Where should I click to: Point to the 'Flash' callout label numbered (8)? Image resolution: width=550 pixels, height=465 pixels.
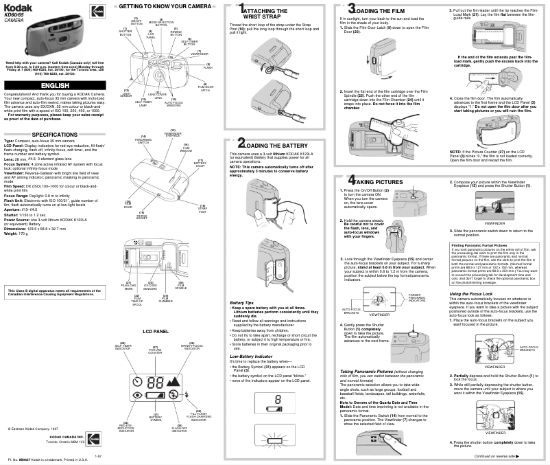tap(207, 66)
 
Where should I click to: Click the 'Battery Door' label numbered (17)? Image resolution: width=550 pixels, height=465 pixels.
tap(200, 163)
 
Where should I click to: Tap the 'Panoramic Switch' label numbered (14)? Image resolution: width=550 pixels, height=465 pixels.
tap(143, 140)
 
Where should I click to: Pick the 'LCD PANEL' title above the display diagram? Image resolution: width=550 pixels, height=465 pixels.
tap(156, 331)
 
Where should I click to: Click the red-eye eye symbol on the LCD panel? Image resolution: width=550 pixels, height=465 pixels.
tap(138, 396)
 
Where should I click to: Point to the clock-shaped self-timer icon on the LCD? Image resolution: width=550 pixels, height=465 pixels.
tap(139, 382)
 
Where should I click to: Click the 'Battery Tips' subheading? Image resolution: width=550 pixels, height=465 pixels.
tap(242, 302)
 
